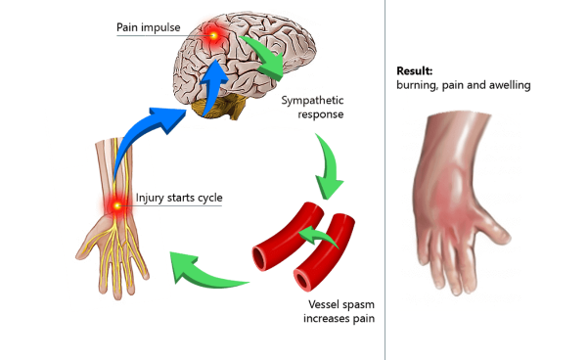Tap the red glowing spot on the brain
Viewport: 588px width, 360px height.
[212, 37]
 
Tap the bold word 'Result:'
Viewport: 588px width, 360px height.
[415, 71]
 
